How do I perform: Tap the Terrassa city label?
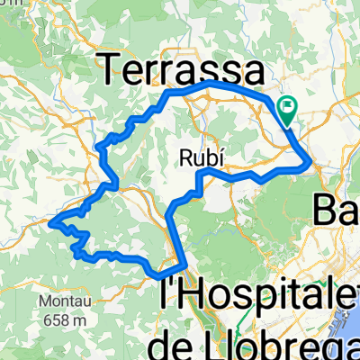(x=180, y=68)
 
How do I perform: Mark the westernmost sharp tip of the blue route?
(x=52, y=220)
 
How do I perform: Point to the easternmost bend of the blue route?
(x=311, y=163)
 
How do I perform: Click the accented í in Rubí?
(x=216, y=156)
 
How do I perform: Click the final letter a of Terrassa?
(x=253, y=71)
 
